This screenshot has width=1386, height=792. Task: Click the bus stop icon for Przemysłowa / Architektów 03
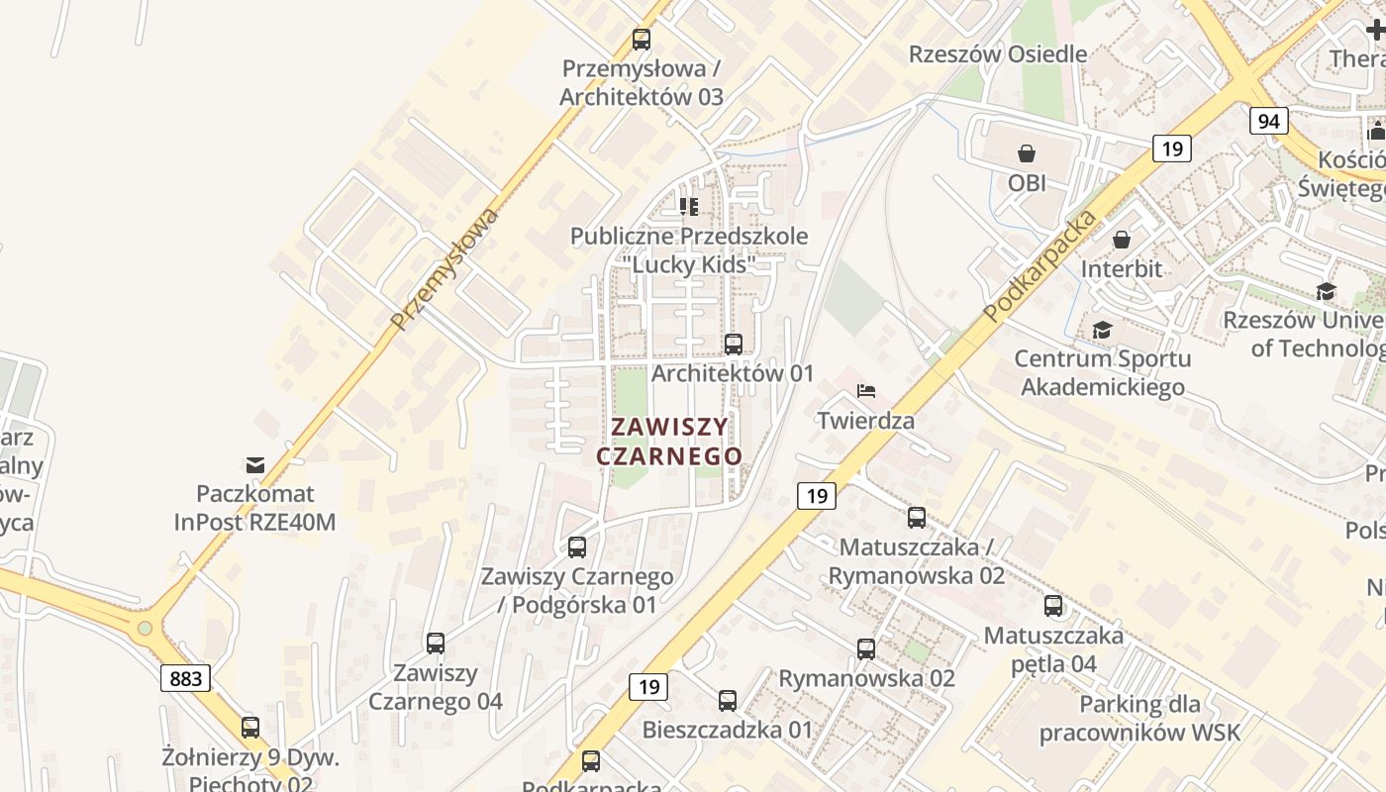click(x=642, y=40)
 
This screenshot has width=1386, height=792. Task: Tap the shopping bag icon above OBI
click(x=1027, y=153)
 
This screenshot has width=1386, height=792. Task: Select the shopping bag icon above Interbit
click(x=1122, y=240)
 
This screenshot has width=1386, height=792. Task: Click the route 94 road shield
click(x=1268, y=122)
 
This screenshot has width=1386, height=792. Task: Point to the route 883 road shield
click(x=185, y=678)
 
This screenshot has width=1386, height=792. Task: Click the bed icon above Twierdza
click(x=866, y=390)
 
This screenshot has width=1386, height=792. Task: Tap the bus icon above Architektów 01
click(x=733, y=345)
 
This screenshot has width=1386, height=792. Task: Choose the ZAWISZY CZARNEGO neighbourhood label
click(x=669, y=442)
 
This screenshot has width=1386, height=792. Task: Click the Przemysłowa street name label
click(x=445, y=268)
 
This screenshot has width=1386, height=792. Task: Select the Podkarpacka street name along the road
click(x=1040, y=264)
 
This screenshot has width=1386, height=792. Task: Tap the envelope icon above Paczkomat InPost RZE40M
click(x=255, y=464)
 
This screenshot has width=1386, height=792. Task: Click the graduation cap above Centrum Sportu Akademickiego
click(x=1102, y=330)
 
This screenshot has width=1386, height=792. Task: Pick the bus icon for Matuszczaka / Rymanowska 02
click(x=917, y=517)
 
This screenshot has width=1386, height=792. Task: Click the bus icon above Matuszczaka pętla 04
click(x=1053, y=605)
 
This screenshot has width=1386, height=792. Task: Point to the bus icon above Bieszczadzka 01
click(x=728, y=701)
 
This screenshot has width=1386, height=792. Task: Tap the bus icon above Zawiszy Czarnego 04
click(x=436, y=643)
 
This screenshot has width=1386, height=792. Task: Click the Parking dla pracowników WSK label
click(x=1139, y=719)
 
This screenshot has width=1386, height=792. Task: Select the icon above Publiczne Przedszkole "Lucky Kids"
click(x=689, y=207)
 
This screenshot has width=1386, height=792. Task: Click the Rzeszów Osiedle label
click(x=998, y=53)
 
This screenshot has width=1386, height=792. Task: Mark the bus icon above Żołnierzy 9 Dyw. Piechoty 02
click(x=250, y=728)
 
